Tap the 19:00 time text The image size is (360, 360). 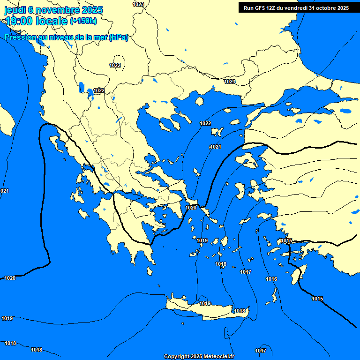point(20,21)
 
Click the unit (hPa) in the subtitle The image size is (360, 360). point(118,37)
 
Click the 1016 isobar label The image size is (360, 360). point(271,279)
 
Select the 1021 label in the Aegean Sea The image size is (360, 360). point(215,147)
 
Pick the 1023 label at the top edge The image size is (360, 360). point(138,4)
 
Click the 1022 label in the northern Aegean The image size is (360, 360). point(205,123)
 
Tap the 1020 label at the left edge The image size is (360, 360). point(10,278)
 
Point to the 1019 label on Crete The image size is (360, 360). point(205,304)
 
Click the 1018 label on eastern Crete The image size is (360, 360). point(240,311)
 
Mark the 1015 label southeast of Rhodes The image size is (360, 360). point(317,299)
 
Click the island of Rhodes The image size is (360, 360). point(296,276)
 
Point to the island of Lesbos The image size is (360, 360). point(247,159)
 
